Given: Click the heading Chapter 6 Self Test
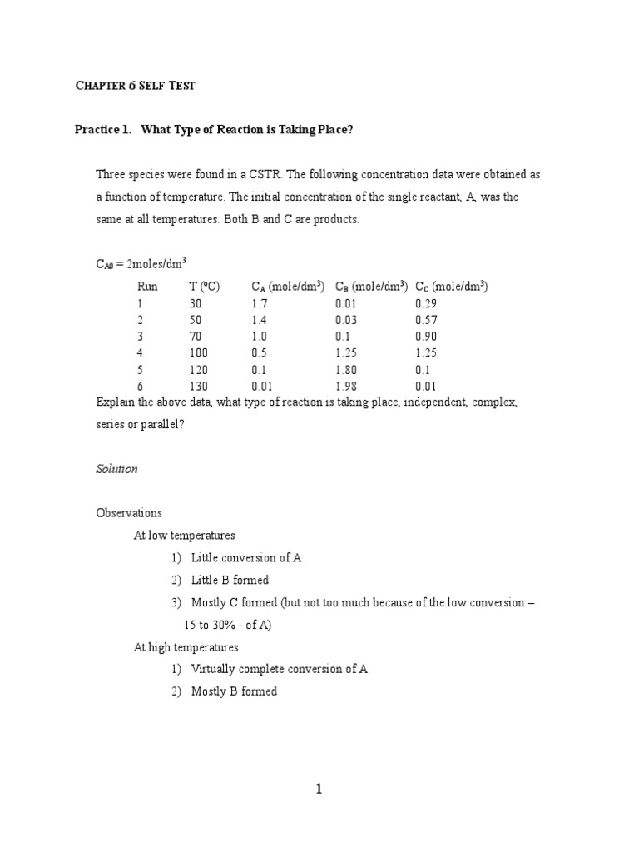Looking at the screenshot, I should point(134,86).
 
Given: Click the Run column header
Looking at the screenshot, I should point(147,287).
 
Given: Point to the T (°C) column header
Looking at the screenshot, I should point(204,287).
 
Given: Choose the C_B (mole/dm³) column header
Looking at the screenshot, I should point(371,287).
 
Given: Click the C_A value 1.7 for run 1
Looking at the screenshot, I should point(259,304).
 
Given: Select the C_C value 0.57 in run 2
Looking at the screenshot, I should point(426,321).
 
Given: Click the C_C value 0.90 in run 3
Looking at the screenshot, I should point(426,337).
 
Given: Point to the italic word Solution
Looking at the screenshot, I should point(116,469).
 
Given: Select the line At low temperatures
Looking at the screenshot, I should point(184,536).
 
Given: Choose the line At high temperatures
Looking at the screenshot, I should point(186,647).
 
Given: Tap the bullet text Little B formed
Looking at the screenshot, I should point(230,580).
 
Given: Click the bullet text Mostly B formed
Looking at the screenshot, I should point(234,691).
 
